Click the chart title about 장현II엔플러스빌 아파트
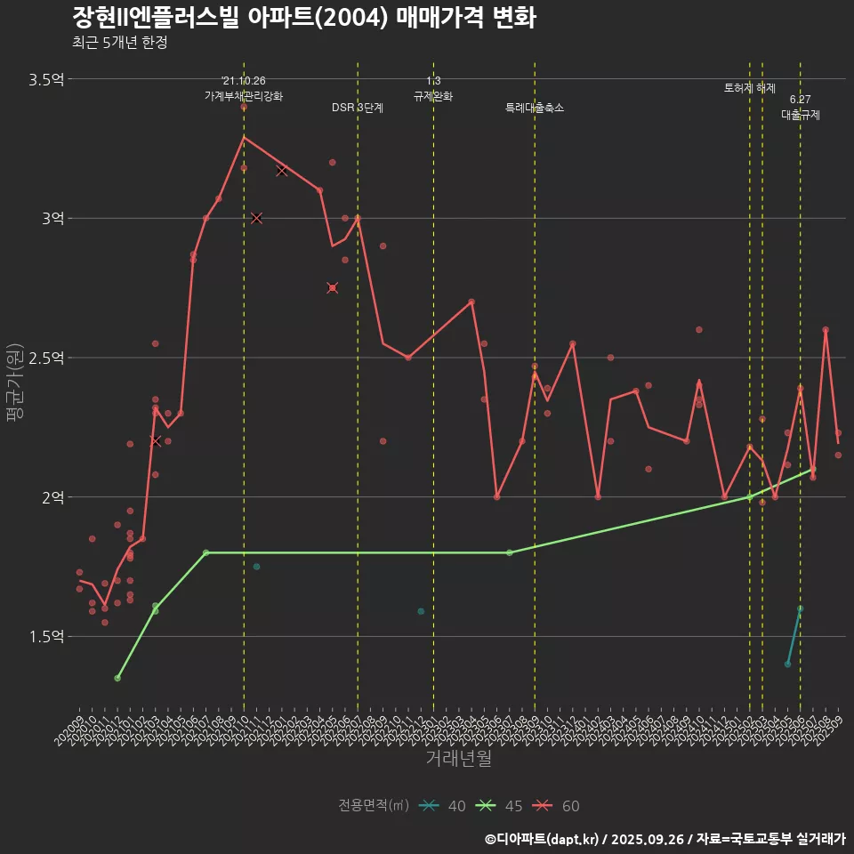pos(302,18)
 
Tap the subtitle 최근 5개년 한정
pos(119,43)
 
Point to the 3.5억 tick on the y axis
pos(46,79)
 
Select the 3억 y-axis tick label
pos(52,218)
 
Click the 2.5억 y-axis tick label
pos(46,358)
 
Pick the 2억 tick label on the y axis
pos(52,496)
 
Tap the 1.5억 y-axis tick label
pos(46,636)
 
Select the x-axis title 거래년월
pos(458,759)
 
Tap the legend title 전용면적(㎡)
pos(374,806)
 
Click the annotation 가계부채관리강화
pos(244,96)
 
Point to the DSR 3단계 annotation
pos(358,108)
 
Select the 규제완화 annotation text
pos(433,96)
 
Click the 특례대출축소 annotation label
pos(535,108)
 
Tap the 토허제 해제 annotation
pos(750,88)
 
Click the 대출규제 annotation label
pos(801,115)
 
